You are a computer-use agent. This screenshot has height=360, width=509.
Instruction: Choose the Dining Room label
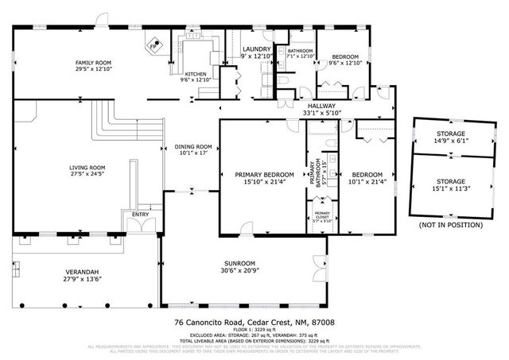[x=192, y=146]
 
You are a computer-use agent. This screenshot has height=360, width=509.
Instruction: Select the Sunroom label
[x=238, y=264]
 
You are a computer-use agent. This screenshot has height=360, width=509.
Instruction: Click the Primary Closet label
[x=322, y=215]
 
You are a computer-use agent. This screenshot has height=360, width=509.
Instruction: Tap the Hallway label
[x=321, y=106]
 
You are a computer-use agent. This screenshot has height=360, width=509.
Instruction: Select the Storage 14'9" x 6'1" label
[x=450, y=134]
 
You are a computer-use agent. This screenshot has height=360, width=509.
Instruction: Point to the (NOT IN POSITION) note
[x=450, y=225]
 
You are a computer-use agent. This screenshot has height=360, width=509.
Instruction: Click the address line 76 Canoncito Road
[x=254, y=323]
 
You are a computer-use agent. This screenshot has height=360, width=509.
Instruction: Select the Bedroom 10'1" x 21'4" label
[x=367, y=173]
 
